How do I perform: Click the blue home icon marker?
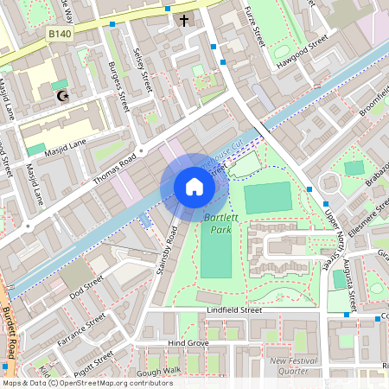pyautogui.click(x=194, y=186)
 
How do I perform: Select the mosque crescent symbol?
pyautogui.click(x=61, y=96)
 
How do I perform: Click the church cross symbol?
pyautogui.click(x=183, y=20)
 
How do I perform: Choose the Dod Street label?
pyautogui.click(x=87, y=288)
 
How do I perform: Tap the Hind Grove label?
pyautogui.click(x=188, y=343)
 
